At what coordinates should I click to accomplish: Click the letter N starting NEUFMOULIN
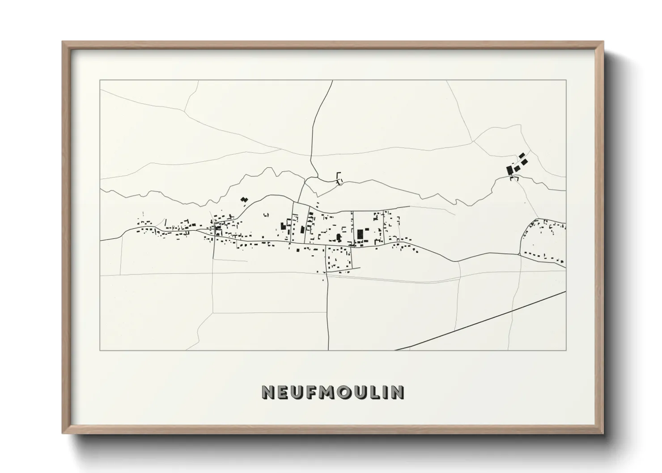click(268, 392)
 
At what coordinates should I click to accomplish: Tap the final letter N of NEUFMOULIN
click(398, 392)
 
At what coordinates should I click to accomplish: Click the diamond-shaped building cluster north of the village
click(244, 199)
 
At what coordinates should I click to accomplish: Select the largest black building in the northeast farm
click(509, 170)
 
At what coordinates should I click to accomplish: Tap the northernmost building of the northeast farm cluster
click(522, 155)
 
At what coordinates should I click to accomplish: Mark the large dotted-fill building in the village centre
click(360, 234)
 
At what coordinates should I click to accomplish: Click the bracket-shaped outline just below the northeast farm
click(514, 178)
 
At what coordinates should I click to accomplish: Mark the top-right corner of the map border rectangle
click(566, 80)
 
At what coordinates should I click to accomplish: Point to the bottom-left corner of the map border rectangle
click(100, 350)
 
